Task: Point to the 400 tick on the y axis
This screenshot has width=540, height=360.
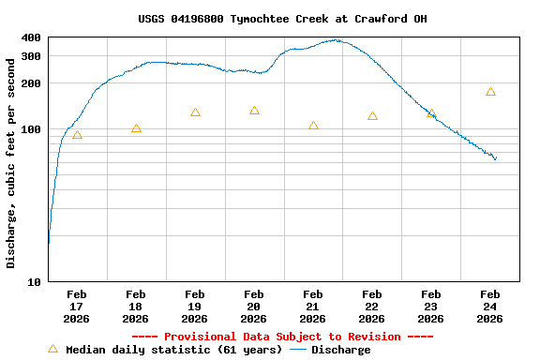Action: (x=31, y=37)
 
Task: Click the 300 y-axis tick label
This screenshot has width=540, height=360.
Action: (x=31, y=56)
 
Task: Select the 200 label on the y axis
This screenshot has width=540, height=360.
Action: (x=31, y=83)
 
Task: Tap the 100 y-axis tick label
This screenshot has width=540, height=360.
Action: (x=31, y=129)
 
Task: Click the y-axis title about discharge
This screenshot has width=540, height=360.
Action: (x=11, y=163)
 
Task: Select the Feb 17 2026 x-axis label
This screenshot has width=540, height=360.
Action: (x=77, y=307)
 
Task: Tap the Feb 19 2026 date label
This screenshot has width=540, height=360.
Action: (x=195, y=307)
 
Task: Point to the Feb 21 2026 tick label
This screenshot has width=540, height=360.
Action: (x=313, y=307)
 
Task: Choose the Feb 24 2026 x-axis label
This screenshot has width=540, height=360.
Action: (x=489, y=307)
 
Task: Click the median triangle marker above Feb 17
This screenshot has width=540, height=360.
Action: (x=77, y=135)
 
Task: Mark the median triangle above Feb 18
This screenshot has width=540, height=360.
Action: (x=136, y=128)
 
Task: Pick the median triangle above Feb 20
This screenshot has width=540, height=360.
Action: (x=254, y=111)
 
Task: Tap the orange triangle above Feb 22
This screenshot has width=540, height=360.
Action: (x=372, y=116)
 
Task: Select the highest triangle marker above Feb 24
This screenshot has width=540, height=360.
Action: (x=490, y=92)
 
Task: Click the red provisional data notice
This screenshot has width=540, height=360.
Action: (x=282, y=337)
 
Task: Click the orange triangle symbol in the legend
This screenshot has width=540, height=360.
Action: (x=52, y=350)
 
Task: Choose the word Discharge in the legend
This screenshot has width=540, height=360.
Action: (x=340, y=350)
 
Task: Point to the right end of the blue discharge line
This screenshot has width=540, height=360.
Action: (x=496, y=159)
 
